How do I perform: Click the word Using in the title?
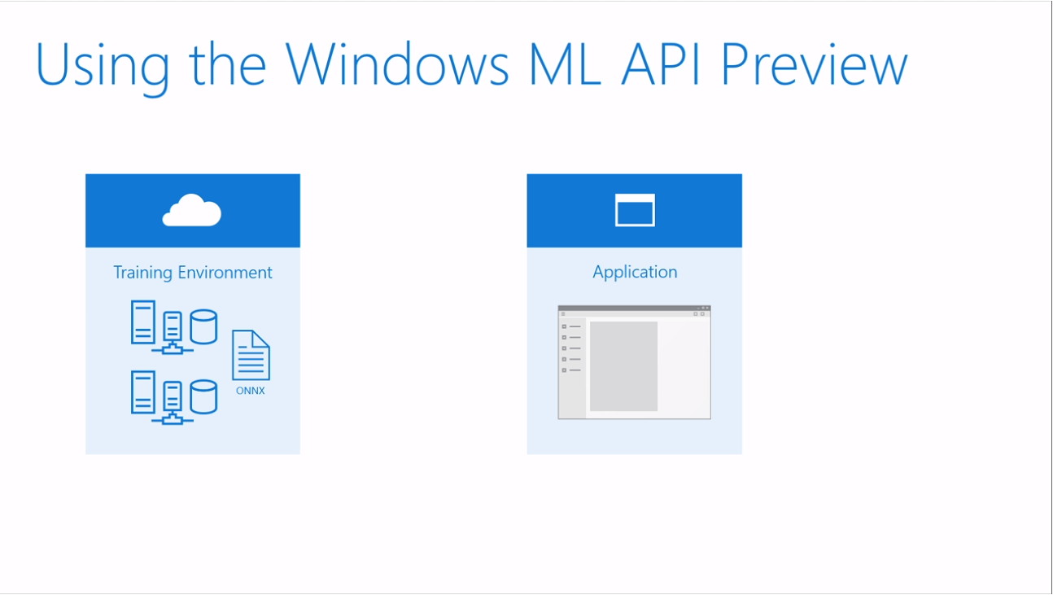coord(103,66)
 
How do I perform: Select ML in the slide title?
coord(565,64)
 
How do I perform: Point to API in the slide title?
coord(662,64)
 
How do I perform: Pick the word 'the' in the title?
coord(228,63)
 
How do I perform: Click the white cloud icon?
coord(192,210)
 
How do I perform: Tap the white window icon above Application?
coord(635,210)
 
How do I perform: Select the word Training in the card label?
coord(143,273)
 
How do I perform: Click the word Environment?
coord(225,273)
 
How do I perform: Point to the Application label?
coord(635,273)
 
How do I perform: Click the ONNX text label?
coord(250,391)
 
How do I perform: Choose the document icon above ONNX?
coord(251,355)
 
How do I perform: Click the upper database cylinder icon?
coord(203,326)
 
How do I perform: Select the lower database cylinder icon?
coord(203,397)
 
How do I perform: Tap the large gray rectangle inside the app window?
coord(623,366)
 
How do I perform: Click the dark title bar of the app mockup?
coord(634,308)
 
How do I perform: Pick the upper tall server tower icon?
coord(143,322)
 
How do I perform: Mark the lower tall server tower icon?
coord(143,392)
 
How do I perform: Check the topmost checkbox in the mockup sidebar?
coord(564,326)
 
